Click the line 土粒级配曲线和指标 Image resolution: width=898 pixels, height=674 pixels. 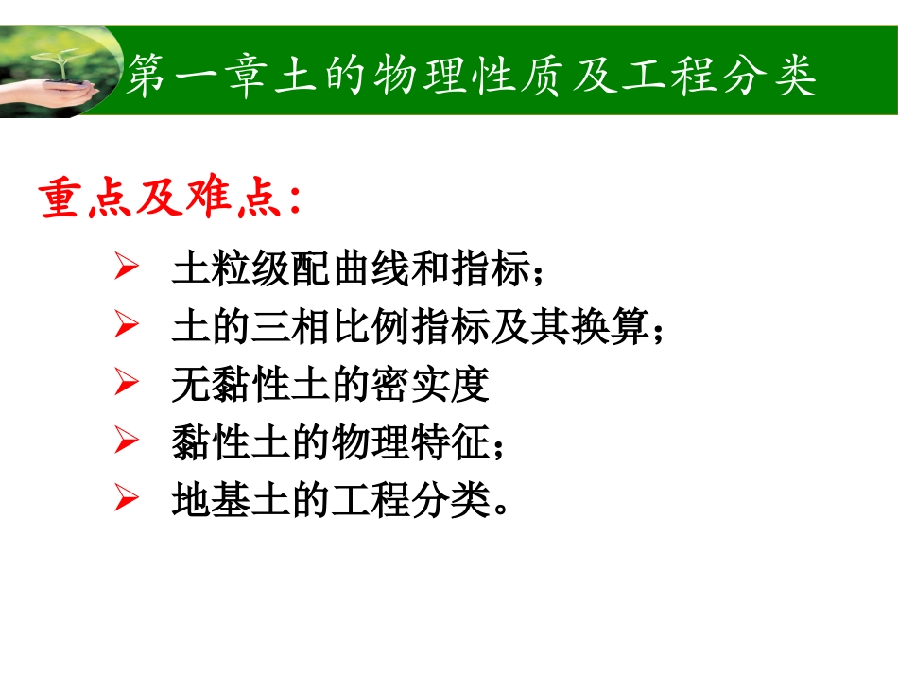click(350, 272)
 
